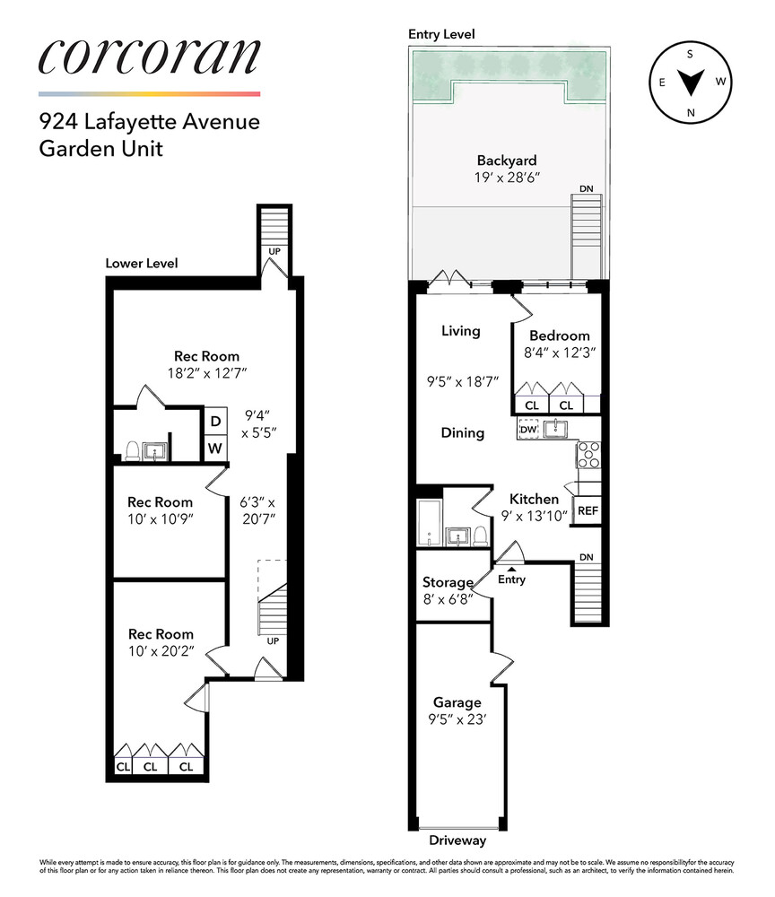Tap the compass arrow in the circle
coord(690,84)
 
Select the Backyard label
coord(507,161)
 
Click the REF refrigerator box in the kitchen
coord(588,510)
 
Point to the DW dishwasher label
coord(527,430)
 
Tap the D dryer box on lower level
coord(215,422)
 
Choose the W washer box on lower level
coord(215,448)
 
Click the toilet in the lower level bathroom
coord(132,451)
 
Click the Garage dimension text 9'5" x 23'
coord(457,718)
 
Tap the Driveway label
coord(457,840)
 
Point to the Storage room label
coord(448,582)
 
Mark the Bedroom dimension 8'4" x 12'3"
coord(560,353)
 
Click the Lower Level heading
coord(142,264)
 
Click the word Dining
coord(462,432)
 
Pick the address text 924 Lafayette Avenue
coord(149,120)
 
